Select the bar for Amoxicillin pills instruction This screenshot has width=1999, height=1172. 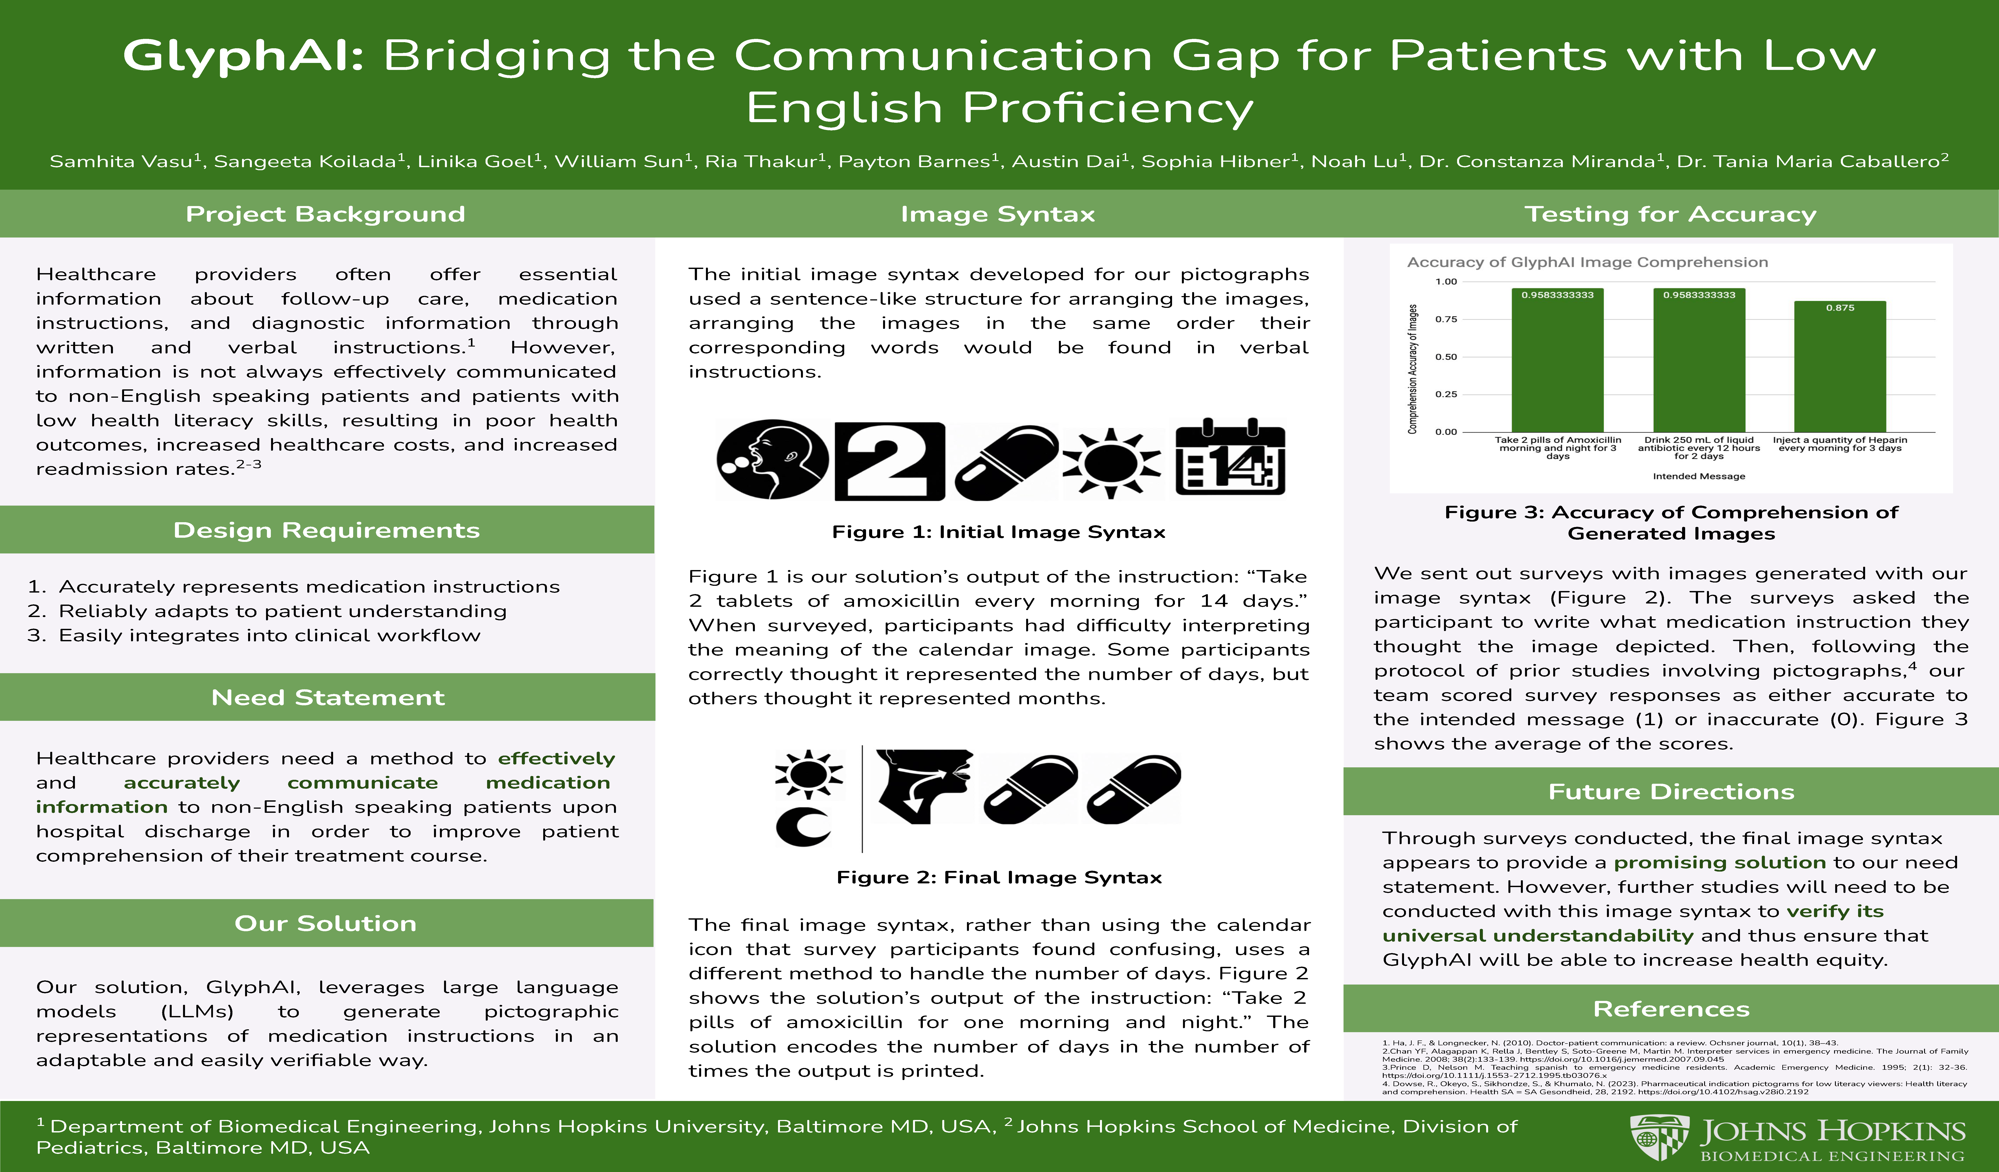click(x=1557, y=360)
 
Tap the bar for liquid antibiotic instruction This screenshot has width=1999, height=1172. click(x=1699, y=360)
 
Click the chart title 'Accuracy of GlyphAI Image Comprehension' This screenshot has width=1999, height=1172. click(x=1587, y=262)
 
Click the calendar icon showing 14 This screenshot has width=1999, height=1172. click(x=1229, y=458)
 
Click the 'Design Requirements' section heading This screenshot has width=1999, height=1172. click(x=327, y=530)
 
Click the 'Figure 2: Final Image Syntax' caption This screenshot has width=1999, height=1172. click(x=999, y=877)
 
